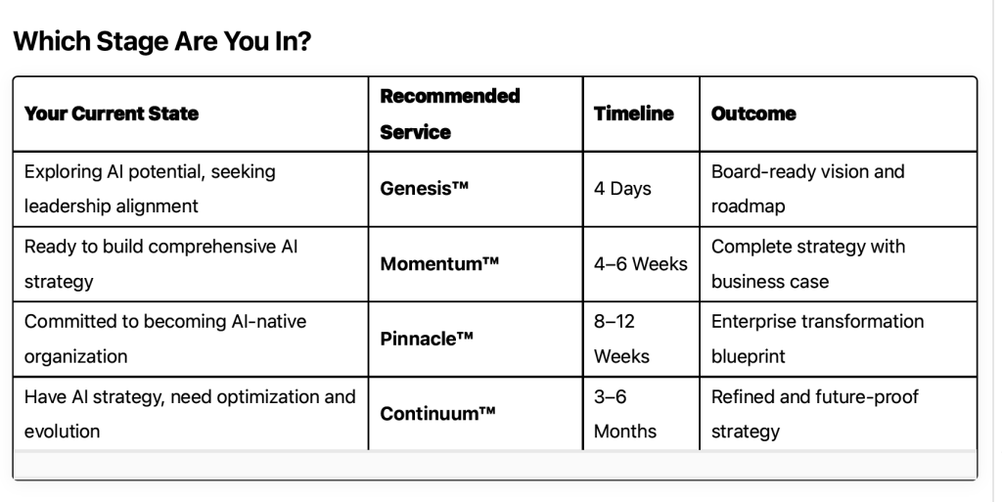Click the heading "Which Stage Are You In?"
click(162, 41)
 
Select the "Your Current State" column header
click(112, 114)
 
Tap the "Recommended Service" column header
click(450, 114)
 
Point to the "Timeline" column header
click(634, 114)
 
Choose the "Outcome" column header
click(753, 114)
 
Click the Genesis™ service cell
click(425, 189)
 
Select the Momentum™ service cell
click(439, 264)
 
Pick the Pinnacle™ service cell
click(427, 339)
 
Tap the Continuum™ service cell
click(437, 414)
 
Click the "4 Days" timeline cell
click(622, 189)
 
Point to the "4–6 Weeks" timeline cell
click(640, 264)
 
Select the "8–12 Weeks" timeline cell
click(621, 339)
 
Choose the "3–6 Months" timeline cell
click(625, 414)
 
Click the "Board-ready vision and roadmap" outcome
click(807, 189)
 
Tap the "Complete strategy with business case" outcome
click(807, 264)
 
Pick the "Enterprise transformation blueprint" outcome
click(817, 339)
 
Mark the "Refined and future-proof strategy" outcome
click(815, 414)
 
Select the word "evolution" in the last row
click(62, 432)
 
